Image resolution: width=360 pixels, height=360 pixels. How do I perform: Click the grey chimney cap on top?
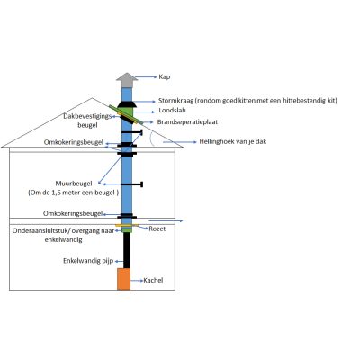coord(127,80)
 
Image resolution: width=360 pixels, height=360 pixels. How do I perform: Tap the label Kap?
coord(165,76)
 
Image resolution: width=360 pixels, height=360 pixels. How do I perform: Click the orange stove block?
coord(123,279)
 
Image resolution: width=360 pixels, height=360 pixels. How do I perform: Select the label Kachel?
coord(153,280)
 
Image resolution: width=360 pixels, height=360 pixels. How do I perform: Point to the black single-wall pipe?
coord(127,250)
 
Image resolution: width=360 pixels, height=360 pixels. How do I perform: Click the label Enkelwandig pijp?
coord(88,261)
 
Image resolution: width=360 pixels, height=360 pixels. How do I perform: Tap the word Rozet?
coord(157,229)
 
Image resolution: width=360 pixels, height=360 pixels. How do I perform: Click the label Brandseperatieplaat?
coord(187,122)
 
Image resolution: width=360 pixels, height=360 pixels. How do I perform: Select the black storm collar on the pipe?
coord(127,104)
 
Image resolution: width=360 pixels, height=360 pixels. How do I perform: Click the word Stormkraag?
coord(176,101)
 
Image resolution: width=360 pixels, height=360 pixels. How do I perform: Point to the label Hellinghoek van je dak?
coord(233,141)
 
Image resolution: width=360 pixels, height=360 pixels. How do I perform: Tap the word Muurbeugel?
coord(74,184)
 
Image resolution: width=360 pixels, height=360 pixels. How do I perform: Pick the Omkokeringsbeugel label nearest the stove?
coord(73,213)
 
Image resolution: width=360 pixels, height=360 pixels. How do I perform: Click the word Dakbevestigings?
coord(87,116)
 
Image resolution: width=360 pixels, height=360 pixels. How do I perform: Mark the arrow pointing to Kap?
coord(147,77)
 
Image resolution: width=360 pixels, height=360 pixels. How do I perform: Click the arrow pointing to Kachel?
coord(137,281)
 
